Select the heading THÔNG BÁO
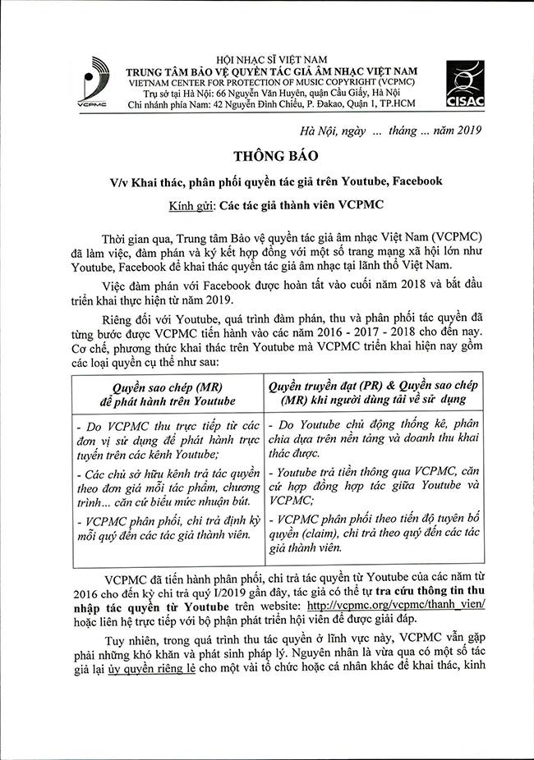click(x=267, y=155)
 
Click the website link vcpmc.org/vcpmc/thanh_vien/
click(x=394, y=603)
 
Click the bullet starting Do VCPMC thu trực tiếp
click(x=168, y=439)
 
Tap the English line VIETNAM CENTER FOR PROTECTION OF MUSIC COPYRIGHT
click(x=271, y=82)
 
